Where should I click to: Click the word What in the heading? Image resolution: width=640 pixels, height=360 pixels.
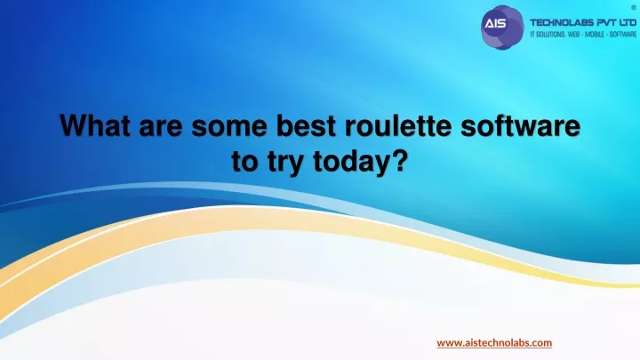[x=95, y=125]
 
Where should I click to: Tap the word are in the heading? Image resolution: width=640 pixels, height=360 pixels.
[x=160, y=127]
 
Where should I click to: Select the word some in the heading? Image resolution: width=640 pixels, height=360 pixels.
[x=229, y=127]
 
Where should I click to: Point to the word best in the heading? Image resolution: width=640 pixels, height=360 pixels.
[x=306, y=125]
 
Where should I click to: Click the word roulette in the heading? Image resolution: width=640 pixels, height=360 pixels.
[x=398, y=125]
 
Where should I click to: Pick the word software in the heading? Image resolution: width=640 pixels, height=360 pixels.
[x=520, y=125]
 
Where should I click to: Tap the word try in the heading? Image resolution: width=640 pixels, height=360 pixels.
[x=285, y=163]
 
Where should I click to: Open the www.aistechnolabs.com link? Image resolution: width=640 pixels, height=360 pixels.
[x=494, y=343]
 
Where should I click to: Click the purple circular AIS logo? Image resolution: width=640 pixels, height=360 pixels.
[x=502, y=28]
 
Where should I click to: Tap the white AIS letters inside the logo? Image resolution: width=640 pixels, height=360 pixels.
[x=495, y=24]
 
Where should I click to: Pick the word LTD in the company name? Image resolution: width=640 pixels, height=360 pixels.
[x=625, y=22]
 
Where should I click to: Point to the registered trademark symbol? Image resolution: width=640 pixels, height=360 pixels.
[x=634, y=8]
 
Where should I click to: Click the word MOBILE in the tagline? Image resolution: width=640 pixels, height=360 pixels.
[x=595, y=35]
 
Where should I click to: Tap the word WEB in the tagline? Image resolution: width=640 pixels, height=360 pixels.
[x=573, y=35]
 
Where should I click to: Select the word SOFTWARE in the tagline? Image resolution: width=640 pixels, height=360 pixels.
[x=623, y=35]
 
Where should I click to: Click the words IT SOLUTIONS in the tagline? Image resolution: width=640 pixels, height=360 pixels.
[x=548, y=35]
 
